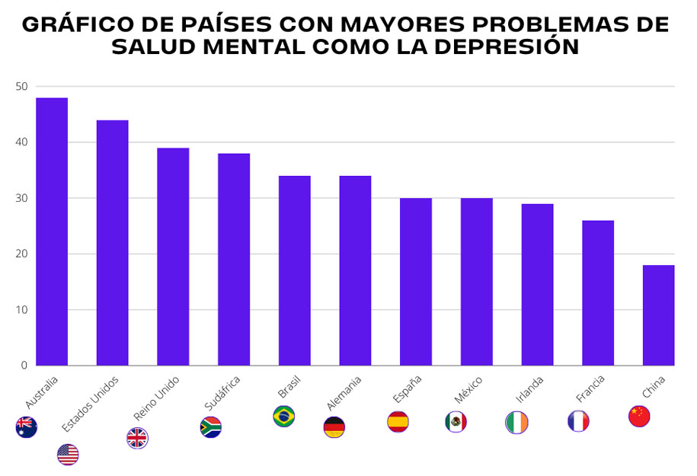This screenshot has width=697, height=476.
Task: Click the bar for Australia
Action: [52, 232]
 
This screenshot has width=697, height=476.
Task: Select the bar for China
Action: [659, 315]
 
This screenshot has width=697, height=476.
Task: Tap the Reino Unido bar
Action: [173, 257]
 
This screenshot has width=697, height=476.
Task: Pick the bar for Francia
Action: [598, 293]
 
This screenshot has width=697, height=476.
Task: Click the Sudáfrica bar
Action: [234, 260]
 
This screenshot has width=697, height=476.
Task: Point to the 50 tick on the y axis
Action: [21, 87]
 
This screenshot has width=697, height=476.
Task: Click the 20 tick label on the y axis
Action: [21, 254]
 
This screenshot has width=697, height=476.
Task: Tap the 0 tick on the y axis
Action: [24, 366]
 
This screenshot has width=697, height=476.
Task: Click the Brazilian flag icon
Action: [284, 417]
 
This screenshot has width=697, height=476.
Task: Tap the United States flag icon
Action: [68, 455]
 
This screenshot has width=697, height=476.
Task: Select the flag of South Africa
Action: [211, 427]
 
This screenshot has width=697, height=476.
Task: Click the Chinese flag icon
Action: [639, 416]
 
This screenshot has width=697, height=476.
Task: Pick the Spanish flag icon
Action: [398, 421]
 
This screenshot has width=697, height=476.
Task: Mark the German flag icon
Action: [334, 427]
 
